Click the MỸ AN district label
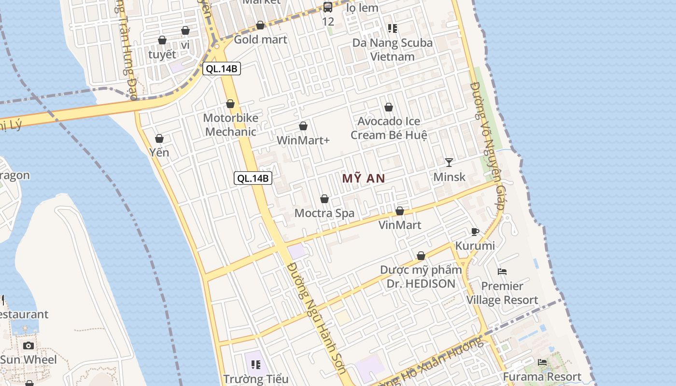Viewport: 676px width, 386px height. click(x=364, y=179)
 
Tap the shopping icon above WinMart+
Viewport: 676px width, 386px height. click(x=303, y=126)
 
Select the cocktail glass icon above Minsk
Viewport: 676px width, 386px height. click(x=449, y=163)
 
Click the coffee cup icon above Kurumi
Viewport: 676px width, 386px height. click(x=475, y=232)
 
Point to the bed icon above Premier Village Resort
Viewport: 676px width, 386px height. click(x=502, y=272)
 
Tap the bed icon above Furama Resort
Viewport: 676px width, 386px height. click(x=542, y=362)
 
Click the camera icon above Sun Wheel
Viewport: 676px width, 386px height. click(x=28, y=345)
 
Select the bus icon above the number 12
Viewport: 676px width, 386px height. click(x=328, y=7)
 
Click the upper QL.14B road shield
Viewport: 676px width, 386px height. click(x=221, y=69)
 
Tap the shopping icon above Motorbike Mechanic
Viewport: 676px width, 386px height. click(x=230, y=104)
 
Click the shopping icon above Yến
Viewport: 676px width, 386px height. click(x=159, y=139)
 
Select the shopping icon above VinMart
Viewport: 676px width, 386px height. click(x=400, y=211)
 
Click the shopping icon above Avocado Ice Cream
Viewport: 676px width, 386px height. click(x=389, y=107)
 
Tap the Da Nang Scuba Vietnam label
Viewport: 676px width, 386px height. click(x=392, y=50)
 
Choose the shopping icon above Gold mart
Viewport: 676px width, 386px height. click(x=260, y=26)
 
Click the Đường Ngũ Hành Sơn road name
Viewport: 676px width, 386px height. click(x=316, y=318)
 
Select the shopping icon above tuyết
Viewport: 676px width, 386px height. click(x=162, y=40)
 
